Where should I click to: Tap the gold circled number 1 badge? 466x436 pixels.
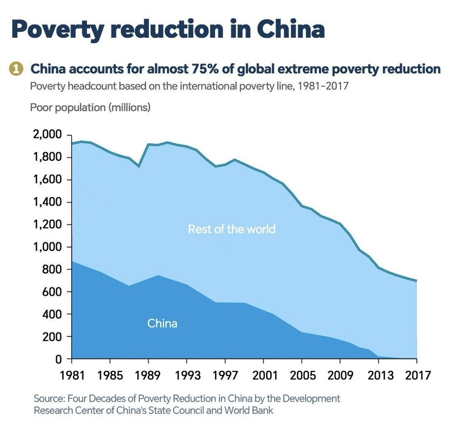coord(16,69)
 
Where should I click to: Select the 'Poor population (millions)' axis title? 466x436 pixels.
coord(90,108)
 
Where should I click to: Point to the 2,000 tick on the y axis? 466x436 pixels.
coord(48,135)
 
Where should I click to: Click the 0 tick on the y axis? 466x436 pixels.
coord(58,359)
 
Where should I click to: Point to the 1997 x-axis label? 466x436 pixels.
coord(225,376)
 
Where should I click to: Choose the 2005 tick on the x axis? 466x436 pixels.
coord(302,376)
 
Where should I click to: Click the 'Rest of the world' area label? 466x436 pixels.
coord(232,229)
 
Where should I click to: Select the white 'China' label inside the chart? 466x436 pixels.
coord(162,324)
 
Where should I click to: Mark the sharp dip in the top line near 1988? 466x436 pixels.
coord(139,166)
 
